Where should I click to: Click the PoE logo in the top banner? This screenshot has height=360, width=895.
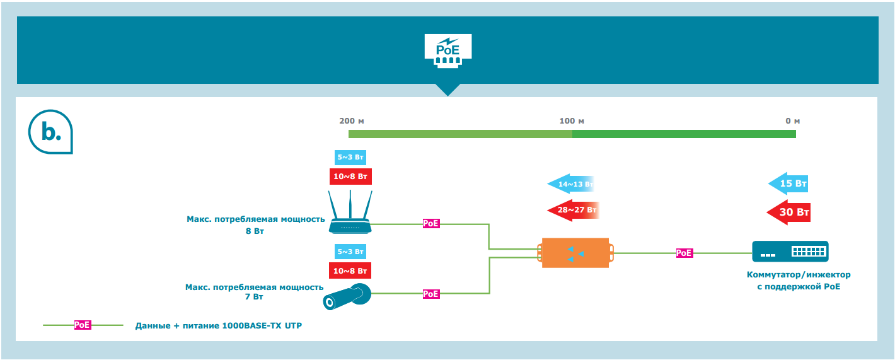[x=448, y=50]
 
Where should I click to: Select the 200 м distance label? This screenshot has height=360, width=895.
[x=351, y=120]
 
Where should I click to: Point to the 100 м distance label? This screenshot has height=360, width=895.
[x=572, y=120]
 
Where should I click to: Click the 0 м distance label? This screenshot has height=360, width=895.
[x=792, y=120]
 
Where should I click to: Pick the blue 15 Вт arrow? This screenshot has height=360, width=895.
[x=788, y=183]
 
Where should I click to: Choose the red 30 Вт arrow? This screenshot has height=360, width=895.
[x=788, y=212]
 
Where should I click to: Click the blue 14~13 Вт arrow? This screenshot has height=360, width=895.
[x=570, y=184]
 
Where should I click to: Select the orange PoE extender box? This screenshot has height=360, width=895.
[x=575, y=253]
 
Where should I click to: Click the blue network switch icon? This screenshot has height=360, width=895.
[x=790, y=252]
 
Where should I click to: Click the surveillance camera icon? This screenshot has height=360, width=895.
[x=347, y=296]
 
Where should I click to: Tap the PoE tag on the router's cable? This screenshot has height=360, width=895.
[x=430, y=223]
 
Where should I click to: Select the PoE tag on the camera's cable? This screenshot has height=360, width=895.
[x=430, y=294]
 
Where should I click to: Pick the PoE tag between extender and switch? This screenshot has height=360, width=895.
[x=684, y=253]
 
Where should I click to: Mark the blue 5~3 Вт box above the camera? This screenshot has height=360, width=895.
[x=350, y=251]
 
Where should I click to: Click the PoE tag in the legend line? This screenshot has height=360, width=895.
[x=83, y=325]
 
